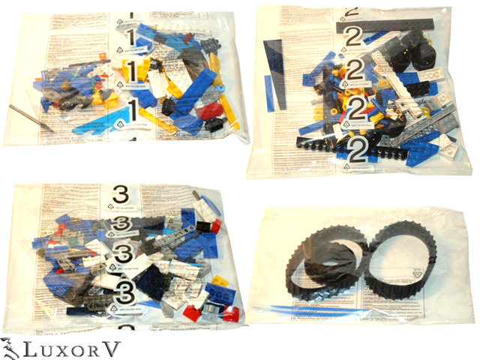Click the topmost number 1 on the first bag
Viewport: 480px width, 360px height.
(130, 37)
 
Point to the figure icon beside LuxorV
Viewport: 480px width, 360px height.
(10, 347)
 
